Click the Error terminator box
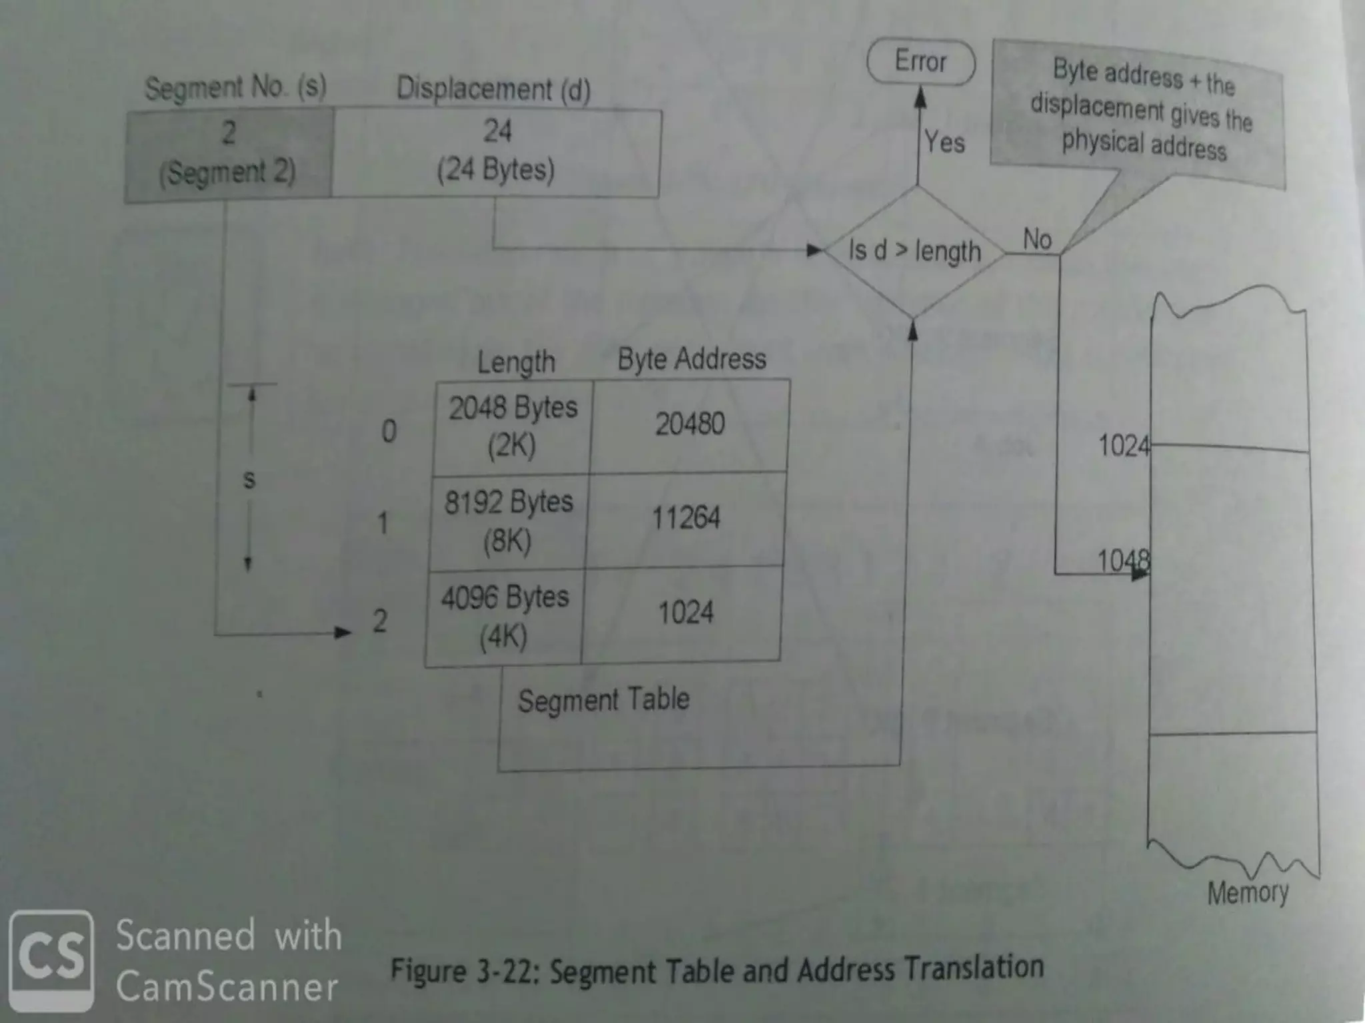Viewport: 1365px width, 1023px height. tap(920, 62)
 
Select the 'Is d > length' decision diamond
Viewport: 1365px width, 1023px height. tap(914, 251)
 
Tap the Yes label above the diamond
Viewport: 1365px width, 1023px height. tap(944, 142)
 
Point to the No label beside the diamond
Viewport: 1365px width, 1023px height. tap(1037, 239)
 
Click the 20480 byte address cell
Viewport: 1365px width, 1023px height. tap(690, 424)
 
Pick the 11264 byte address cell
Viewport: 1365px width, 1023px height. tap(686, 518)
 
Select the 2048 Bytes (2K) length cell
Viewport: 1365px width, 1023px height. tap(513, 426)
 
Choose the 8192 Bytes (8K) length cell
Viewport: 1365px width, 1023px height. tap(508, 521)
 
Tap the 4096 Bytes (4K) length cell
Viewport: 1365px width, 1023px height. tap(504, 616)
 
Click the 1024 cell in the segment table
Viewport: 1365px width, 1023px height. tap(685, 613)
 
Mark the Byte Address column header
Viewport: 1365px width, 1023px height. tap(692, 359)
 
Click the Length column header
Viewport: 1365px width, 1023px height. tap(516, 362)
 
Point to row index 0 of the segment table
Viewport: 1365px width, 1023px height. tap(389, 432)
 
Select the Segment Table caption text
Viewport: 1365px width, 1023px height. tap(603, 700)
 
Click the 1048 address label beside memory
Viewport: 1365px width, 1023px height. tap(1122, 561)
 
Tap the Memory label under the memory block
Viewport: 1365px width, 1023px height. tap(1248, 892)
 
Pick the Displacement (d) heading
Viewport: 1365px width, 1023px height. tap(493, 89)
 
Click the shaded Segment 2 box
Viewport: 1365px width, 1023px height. tap(228, 154)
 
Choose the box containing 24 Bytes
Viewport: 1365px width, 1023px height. tap(496, 153)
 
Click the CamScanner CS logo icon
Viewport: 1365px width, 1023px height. tap(51, 960)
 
